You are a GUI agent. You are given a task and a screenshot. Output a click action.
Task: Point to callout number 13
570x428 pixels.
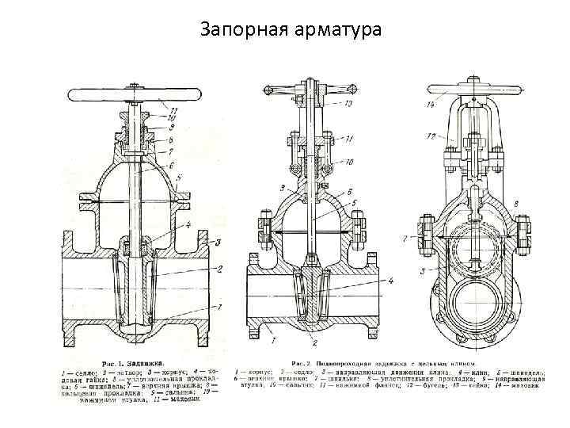(x=349, y=106)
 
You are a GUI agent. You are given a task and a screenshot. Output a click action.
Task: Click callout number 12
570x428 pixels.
(x=431, y=137)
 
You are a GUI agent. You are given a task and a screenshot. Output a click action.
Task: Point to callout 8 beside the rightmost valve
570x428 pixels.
(x=515, y=204)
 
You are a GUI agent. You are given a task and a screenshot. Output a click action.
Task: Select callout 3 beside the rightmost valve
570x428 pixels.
(x=422, y=271)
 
